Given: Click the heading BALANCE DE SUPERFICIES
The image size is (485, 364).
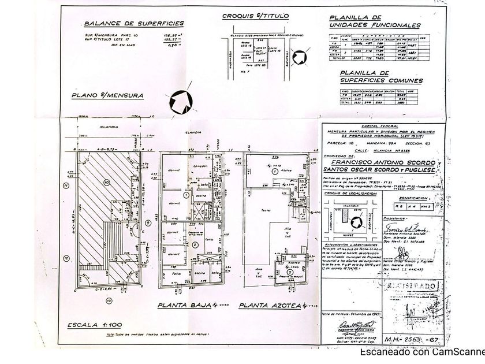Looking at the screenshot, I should point(135,24).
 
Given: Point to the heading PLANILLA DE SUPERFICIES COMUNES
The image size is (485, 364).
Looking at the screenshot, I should point(381,77).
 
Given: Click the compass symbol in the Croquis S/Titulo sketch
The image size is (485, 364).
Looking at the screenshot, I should point(300,58).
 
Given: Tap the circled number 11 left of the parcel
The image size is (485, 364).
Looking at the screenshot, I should point(67,186).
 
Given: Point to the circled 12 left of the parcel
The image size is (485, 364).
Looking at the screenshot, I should point(67,258).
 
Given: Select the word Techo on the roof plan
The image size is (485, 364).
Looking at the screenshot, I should point(266,210).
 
